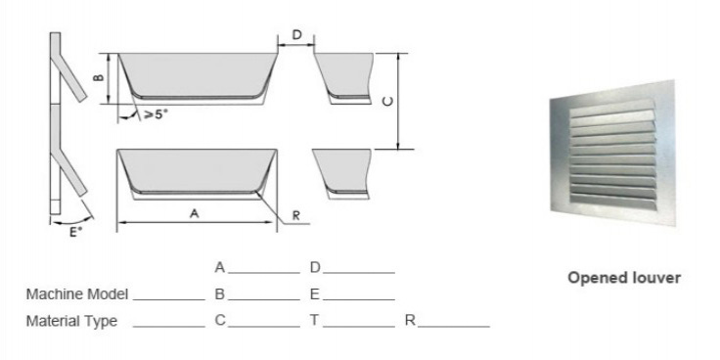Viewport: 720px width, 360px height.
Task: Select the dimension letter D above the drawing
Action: click(297, 36)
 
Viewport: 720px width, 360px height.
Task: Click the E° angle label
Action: click(74, 234)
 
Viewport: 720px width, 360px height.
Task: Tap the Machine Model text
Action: click(77, 293)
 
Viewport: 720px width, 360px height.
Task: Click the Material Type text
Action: click(71, 321)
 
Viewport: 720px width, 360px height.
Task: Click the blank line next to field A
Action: click(263, 271)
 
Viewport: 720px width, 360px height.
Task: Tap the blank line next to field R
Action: click(454, 325)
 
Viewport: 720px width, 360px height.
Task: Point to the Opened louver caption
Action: click(624, 278)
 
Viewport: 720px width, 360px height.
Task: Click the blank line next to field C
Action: click(263, 325)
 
